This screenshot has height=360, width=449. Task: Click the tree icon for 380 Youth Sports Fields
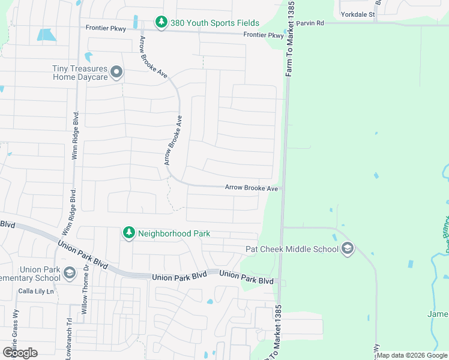[161, 23]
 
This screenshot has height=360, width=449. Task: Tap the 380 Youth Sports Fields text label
[214, 23]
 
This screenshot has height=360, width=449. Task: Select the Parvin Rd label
[310, 23]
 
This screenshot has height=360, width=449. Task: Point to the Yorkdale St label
[357, 13]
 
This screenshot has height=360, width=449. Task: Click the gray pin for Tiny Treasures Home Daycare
[116, 73]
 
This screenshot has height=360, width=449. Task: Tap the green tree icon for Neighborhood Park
[128, 233]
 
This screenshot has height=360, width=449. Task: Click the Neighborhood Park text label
[174, 233]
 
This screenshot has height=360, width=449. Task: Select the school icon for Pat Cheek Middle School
[348, 249]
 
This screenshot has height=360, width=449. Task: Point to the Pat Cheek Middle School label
[292, 249]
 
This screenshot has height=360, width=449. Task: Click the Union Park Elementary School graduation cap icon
[69, 274]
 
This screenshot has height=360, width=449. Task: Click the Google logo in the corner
[20, 352]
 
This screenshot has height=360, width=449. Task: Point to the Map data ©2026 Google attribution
[412, 355]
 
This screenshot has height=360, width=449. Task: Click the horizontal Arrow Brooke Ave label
[252, 188]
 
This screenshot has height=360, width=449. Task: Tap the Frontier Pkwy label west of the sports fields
[106, 28]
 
